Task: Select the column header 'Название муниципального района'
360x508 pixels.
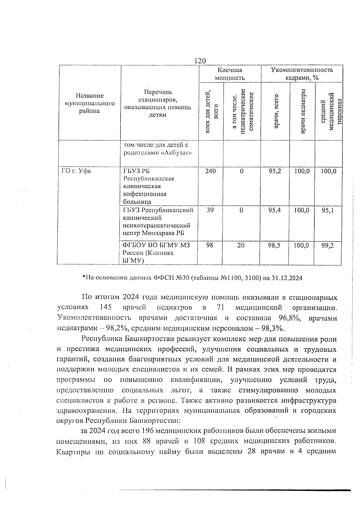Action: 89,103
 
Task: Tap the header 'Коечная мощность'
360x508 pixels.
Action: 230,74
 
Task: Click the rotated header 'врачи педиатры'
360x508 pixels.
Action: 303,111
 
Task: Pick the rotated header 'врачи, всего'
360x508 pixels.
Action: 276,111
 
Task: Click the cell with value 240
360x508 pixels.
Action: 210,171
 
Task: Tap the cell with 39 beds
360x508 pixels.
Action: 210,210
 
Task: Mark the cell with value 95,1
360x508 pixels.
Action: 328,210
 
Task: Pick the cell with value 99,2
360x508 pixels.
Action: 328,245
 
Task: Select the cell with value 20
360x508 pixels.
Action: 241,245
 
